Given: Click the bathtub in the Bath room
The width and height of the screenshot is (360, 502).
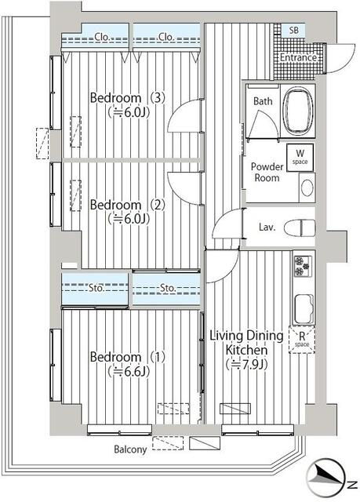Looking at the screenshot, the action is [x=298, y=111].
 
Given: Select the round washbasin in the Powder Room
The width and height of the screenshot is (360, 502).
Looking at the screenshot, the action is [x=307, y=187].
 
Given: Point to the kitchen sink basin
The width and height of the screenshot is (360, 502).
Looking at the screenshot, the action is [x=304, y=309].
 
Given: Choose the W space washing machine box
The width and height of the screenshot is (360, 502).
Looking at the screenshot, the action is [x=300, y=158].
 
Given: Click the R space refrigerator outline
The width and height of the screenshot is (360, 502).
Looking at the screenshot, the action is [x=302, y=340].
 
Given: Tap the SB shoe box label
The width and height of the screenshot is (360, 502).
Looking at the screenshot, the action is [x=294, y=31].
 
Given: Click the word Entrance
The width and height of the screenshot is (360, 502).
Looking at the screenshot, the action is [x=298, y=57].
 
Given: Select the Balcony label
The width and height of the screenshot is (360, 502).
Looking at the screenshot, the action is [x=130, y=449].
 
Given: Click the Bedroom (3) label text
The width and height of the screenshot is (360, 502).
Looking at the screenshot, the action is [x=127, y=98].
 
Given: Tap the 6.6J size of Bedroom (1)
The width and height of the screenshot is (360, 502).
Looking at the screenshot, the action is [x=129, y=372].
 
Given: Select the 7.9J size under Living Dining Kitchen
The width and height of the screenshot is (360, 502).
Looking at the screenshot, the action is [x=246, y=364].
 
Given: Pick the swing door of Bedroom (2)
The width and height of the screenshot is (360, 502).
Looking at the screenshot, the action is [x=184, y=187].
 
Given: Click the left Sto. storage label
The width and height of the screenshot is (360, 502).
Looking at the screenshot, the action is [x=96, y=288].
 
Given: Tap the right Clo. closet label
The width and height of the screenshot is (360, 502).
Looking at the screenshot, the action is [x=166, y=37].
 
